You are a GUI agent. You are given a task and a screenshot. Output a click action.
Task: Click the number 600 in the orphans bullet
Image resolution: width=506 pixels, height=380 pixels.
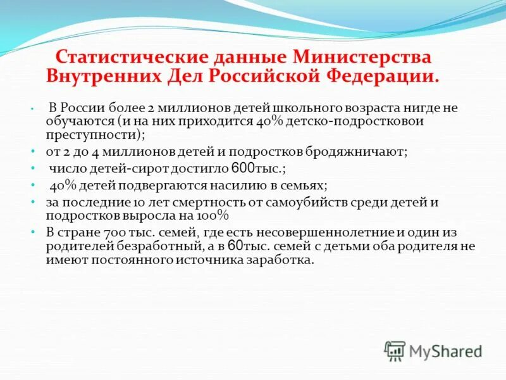point(244,169)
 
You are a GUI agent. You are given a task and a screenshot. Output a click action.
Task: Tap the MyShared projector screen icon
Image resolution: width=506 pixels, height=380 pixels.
point(395,350)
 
